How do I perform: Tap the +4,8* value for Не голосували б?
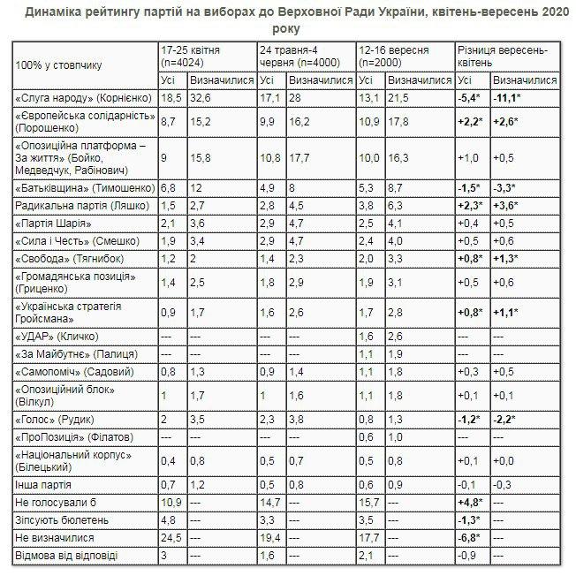[470, 501]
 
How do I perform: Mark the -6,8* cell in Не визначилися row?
[470, 536]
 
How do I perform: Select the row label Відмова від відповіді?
[70, 554]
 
